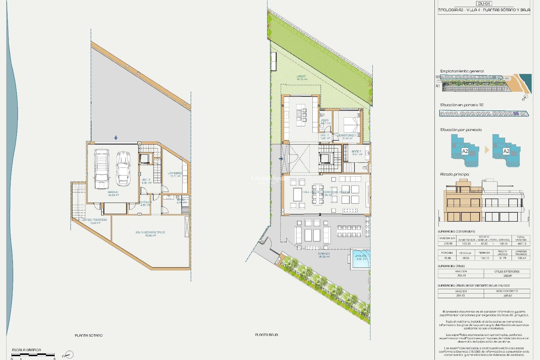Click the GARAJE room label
coord(113,192)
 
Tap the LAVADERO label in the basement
coord(175,173)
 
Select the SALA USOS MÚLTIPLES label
coord(150,233)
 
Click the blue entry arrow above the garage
coord(116,138)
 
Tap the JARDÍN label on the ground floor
coord(301,76)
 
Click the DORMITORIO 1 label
coord(346,136)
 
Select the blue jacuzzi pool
coord(360,258)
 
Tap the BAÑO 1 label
coord(356,152)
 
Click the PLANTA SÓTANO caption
coord(89,336)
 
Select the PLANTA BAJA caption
coord(266,335)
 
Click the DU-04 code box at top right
coord(484,4)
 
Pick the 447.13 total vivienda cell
coord(522,244)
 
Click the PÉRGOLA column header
coord(465,253)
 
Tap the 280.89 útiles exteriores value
coord(507,276)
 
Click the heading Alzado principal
coord(454,174)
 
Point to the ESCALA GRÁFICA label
coord(26,350)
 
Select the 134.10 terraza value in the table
coord(484,258)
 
